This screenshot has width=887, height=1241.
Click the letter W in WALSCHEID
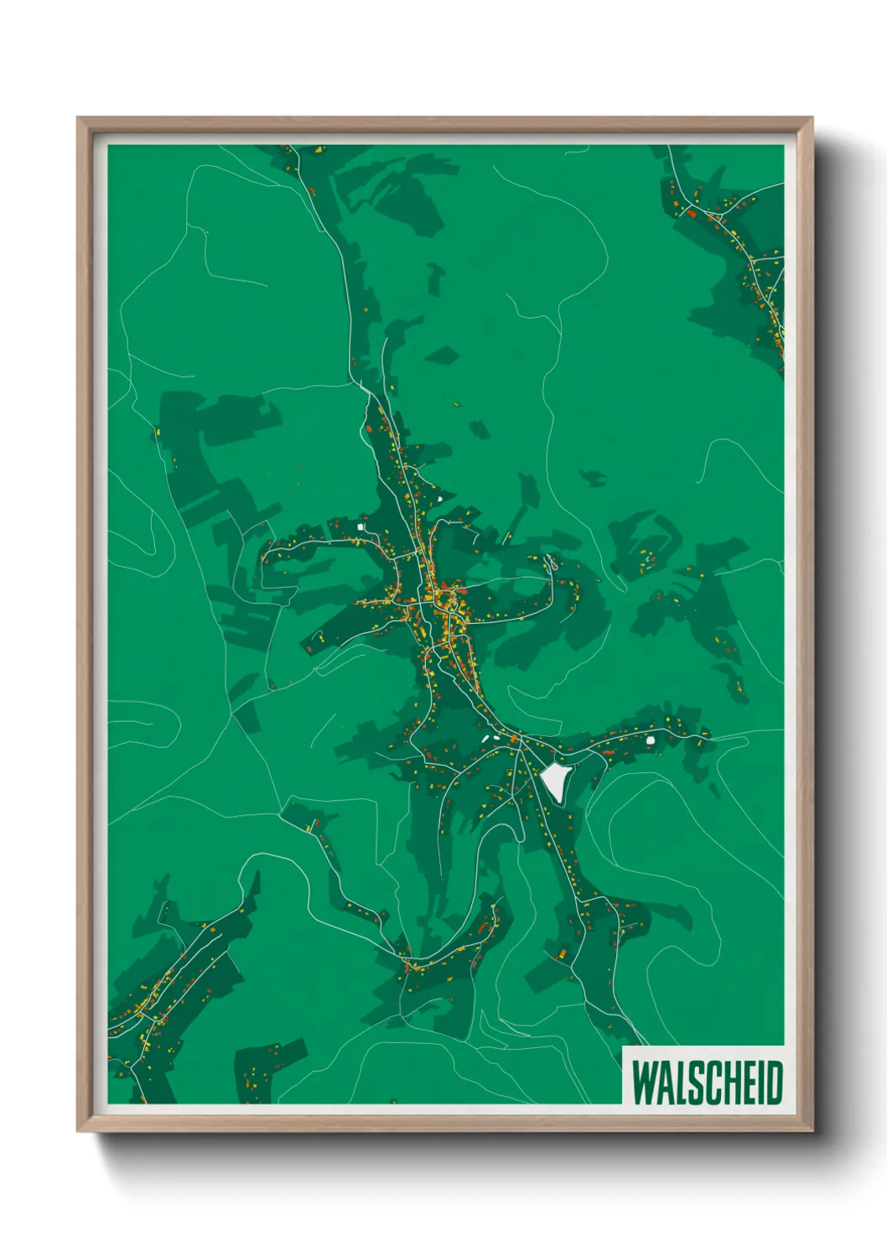[x=645, y=1083]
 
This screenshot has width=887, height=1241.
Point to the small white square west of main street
[x=362, y=527]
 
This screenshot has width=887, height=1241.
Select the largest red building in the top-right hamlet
[x=692, y=213]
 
